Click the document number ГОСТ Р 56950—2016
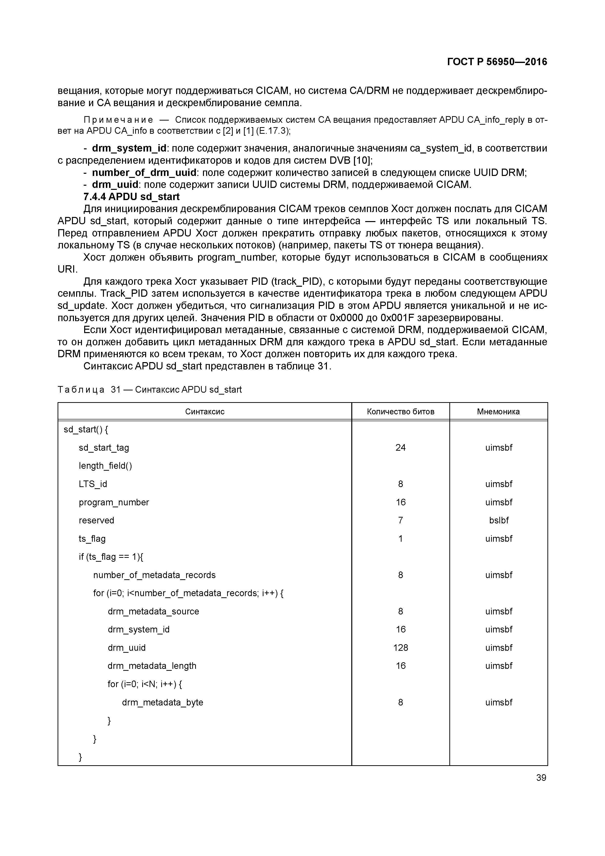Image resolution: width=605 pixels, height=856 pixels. coord(497,62)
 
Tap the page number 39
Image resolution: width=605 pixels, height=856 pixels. coord(541,778)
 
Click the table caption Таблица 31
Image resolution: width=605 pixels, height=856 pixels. coord(150,390)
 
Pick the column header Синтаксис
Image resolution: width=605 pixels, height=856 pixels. coord(205,412)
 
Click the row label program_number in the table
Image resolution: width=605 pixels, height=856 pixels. coord(114,502)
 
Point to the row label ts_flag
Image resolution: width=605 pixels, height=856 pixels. coord(92,538)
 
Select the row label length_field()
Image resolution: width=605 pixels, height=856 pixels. coord(105,466)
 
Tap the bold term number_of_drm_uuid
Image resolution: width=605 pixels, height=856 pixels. coord(144,173)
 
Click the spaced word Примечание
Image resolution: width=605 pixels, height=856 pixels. coord(118,120)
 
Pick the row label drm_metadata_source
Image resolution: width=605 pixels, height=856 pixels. coord(153,611)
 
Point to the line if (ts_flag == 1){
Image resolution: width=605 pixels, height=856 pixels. coord(111,557)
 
